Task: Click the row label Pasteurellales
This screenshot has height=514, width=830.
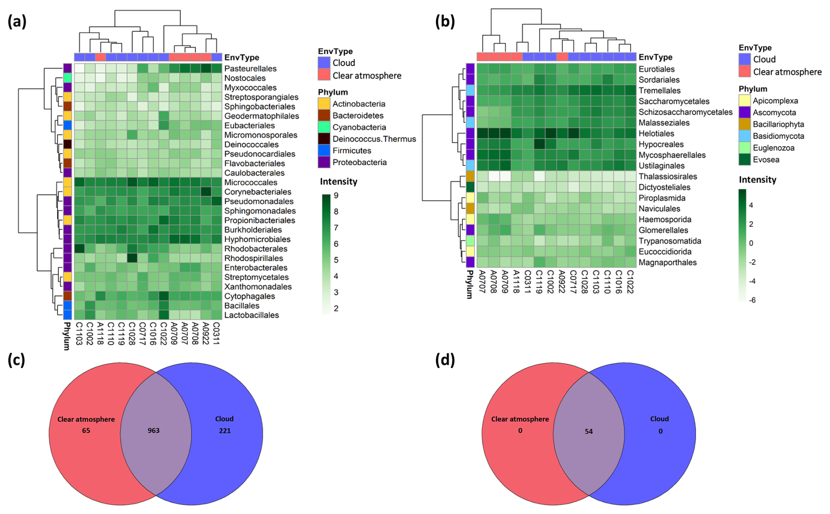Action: [x=250, y=69]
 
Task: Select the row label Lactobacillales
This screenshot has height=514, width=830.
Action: [x=251, y=315]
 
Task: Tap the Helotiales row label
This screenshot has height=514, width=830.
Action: [x=656, y=134]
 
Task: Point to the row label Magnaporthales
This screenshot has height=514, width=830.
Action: [x=668, y=262]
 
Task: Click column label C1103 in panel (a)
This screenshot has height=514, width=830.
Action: [x=79, y=334]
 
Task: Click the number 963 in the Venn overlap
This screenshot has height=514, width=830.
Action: [x=154, y=430]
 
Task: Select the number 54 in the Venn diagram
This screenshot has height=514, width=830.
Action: [x=589, y=431]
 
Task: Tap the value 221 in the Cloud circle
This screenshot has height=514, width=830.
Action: [x=225, y=430]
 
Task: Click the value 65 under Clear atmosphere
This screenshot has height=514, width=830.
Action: [x=86, y=430]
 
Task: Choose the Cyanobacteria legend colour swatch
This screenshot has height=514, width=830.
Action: [x=324, y=127]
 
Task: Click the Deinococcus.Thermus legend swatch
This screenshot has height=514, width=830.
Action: [x=324, y=139]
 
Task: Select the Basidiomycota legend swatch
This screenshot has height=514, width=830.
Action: [x=744, y=136]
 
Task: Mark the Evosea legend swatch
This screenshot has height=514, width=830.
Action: [x=744, y=160]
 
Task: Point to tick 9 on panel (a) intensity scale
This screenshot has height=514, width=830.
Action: [x=336, y=195]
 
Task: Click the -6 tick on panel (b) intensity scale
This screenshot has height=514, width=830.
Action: [x=752, y=300]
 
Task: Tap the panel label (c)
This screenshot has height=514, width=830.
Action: [x=17, y=360]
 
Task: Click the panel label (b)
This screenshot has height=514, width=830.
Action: [x=445, y=21]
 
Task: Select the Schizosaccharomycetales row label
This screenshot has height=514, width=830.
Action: [x=686, y=112]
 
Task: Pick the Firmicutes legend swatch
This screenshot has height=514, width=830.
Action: [x=324, y=151]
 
